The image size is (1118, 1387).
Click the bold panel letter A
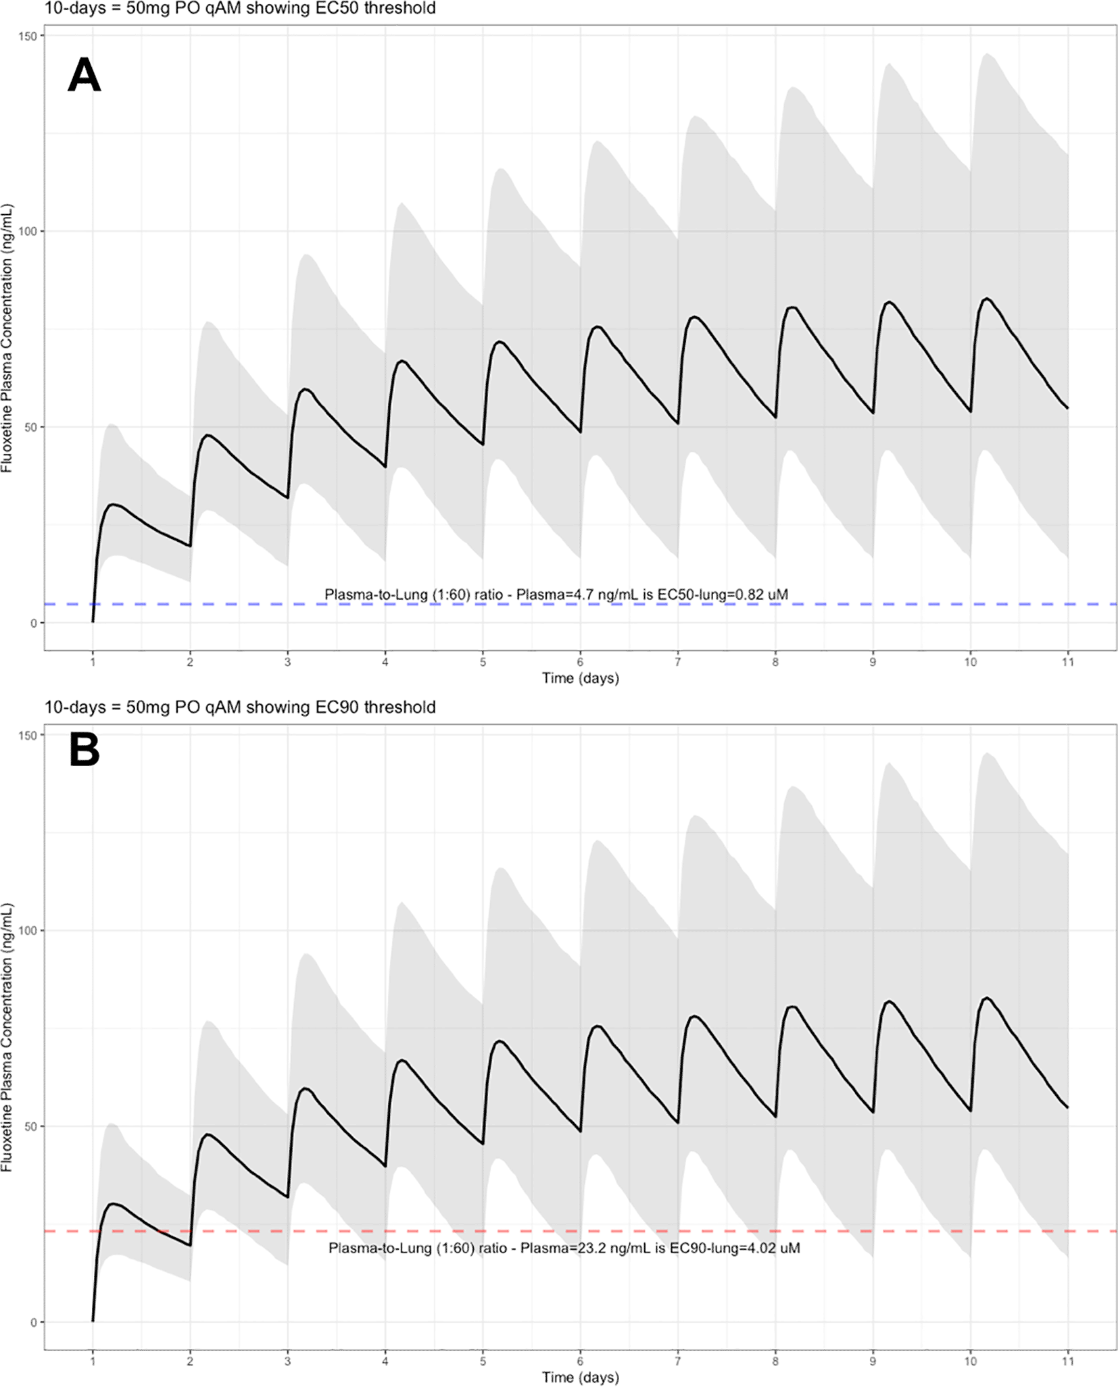(x=84, y=76)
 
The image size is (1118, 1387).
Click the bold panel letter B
(x=84, y=751)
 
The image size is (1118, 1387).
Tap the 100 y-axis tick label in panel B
(x=27, y=930)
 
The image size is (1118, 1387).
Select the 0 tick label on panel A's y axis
(x=33, y=623)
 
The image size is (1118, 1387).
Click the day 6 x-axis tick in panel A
(x=580, y=662)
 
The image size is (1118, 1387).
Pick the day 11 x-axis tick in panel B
(x=1067, y=1361)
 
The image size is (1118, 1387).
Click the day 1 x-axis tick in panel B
(x=93, y=1361)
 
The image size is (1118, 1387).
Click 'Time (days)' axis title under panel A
(x=580, y=678)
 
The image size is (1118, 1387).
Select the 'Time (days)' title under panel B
(x=580, y=1377)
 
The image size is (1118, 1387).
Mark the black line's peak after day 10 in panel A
(x=987, y=299)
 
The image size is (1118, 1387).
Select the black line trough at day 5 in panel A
(x=483, y=445)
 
